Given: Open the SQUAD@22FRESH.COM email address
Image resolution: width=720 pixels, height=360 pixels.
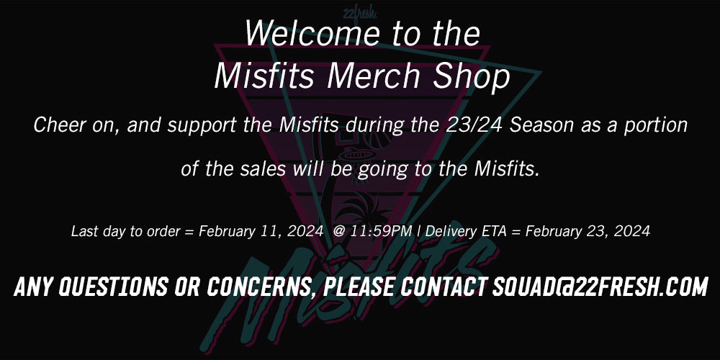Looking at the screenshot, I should click(x=600, y=287).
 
